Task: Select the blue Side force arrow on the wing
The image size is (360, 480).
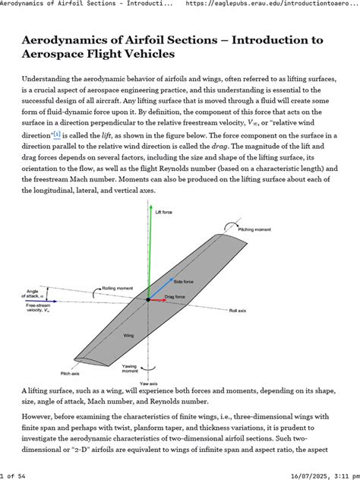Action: (159, 289)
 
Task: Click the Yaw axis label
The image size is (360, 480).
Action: (149, 384)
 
